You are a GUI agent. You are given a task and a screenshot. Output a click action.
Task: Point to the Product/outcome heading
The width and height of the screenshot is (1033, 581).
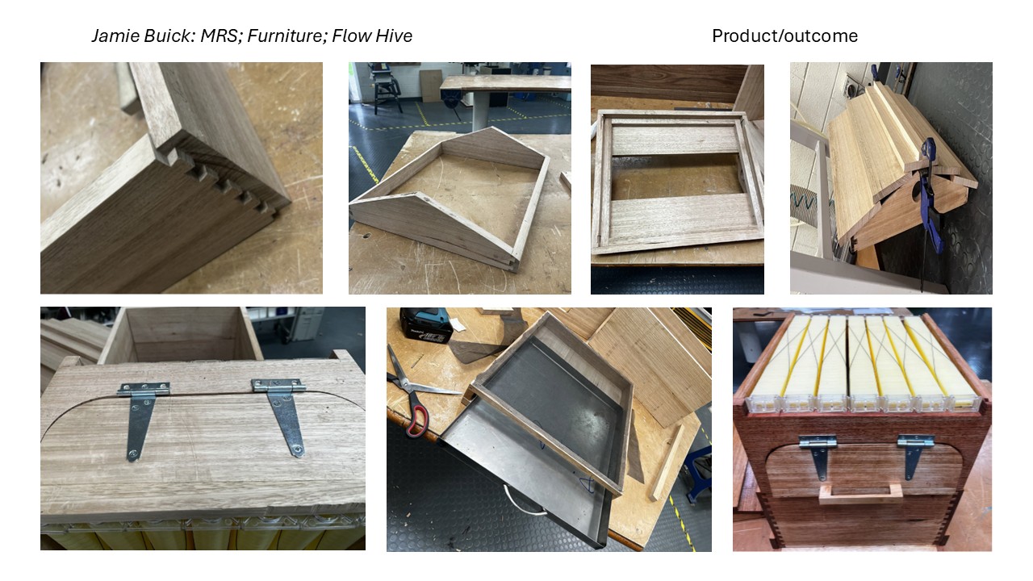click(784, 36)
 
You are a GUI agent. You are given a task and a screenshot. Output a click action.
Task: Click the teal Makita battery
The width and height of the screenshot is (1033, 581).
click(424, 326)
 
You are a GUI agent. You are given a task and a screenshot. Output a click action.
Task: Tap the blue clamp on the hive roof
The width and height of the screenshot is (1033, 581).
click(931, 194)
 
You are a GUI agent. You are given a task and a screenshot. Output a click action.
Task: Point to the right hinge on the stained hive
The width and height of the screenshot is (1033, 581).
click(914, 455)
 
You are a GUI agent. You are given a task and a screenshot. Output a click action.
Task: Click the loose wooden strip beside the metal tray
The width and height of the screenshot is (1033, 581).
click(667, 462)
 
